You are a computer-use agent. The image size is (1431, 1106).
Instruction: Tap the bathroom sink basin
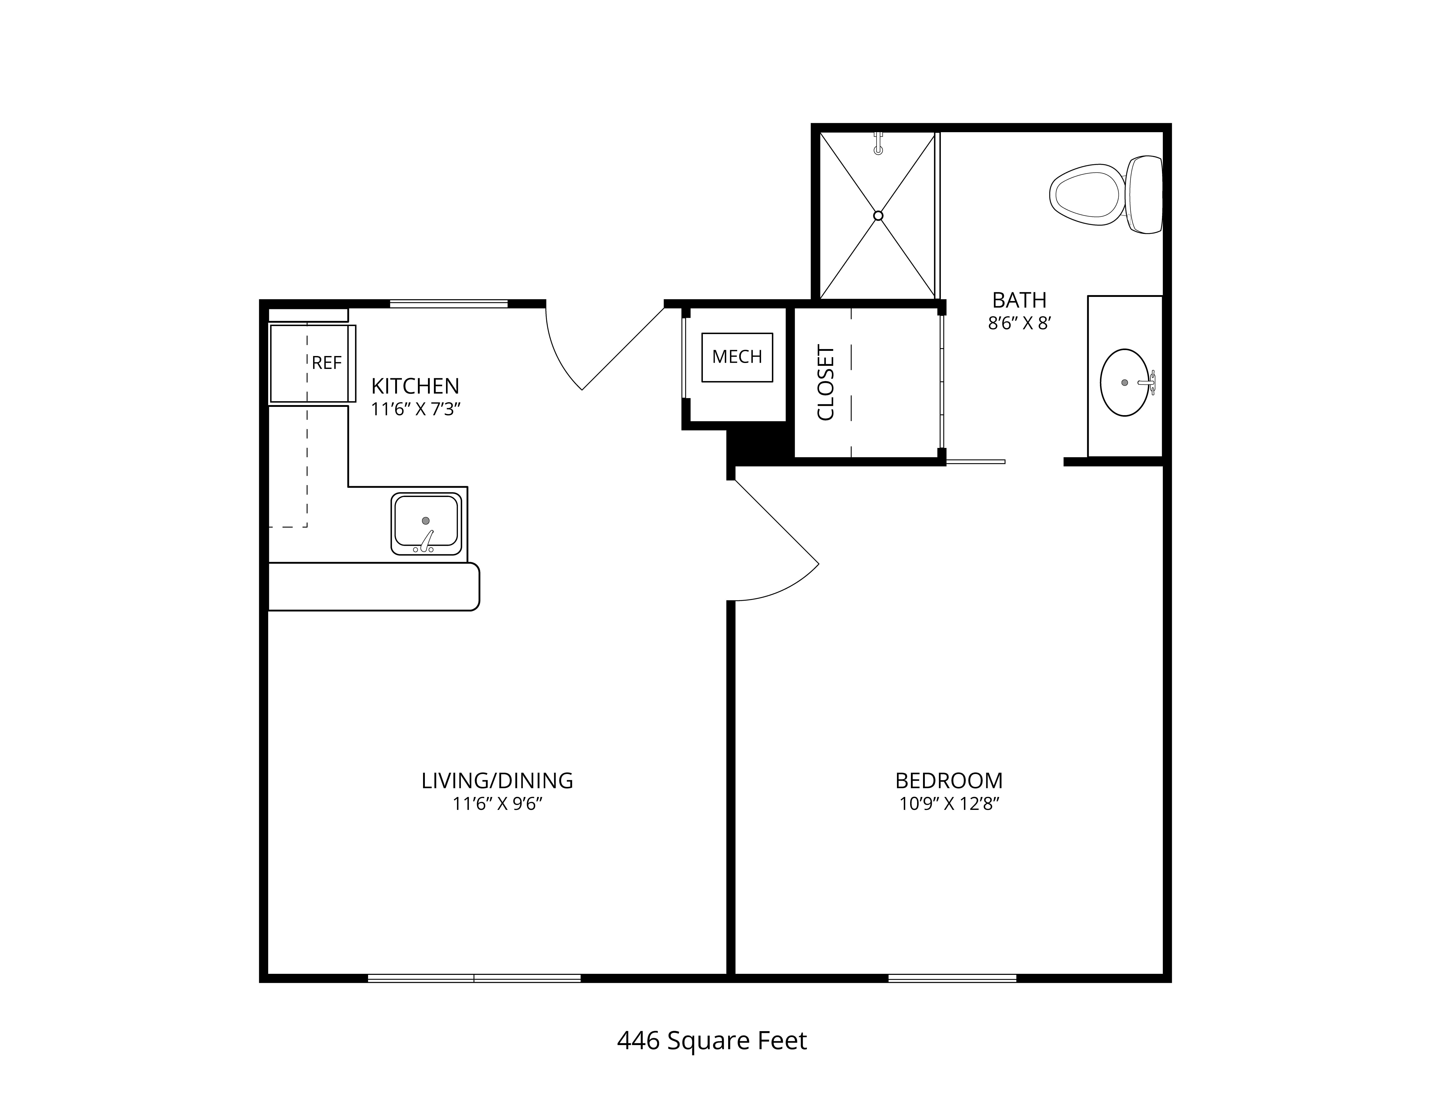(1124, 383)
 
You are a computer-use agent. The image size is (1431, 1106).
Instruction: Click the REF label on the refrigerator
(326, 363)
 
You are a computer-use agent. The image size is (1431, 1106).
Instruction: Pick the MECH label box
(737, 357)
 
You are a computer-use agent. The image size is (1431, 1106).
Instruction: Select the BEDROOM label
(949, 780)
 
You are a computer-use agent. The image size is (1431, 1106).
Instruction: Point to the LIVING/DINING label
(497, 780)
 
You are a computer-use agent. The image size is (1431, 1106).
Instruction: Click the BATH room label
(1020, 300)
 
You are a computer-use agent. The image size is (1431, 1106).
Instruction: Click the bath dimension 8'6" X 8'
(1020, 323)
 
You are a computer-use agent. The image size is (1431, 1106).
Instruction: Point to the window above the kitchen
(449, 304)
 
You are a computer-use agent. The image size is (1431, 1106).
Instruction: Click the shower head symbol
(879, 143)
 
